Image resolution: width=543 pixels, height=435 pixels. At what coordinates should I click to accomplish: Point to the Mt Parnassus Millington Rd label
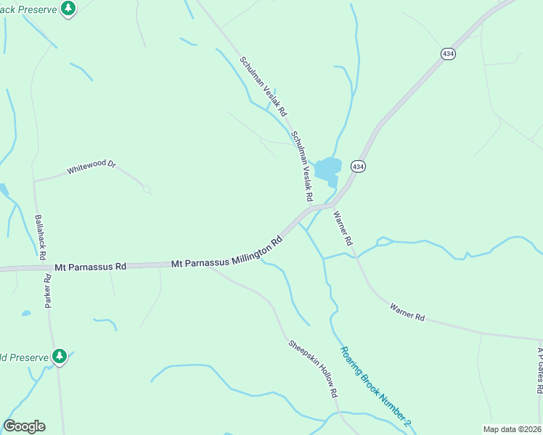[x=226, y=253]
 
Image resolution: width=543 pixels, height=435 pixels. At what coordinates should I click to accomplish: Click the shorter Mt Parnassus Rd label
[x=91, y=267]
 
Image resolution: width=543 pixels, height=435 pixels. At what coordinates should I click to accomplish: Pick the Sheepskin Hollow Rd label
[x=314, y=368]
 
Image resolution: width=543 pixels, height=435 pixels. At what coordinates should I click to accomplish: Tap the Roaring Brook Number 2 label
[x=375, y=386]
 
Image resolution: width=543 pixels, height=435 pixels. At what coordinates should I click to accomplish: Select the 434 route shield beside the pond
[x=358, y=166]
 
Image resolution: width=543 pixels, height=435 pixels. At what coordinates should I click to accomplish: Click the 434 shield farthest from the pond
[x=447, y=54]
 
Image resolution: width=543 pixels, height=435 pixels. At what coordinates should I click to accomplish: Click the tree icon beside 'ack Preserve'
[x=68, y=9]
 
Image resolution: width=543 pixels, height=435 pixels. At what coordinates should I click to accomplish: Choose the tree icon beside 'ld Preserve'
[x=60, y=356]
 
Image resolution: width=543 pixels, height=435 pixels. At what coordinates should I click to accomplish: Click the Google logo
[x=24, y=426]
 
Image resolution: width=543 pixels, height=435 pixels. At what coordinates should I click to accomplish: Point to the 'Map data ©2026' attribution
[x=513, y=428]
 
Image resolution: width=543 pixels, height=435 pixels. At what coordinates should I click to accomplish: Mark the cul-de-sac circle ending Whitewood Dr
[x=147, y=189]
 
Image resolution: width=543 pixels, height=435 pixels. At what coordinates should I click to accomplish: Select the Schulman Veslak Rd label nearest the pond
[x=301, y=166]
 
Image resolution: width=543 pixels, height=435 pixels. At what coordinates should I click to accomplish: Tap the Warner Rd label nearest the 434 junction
[x=342, y=228]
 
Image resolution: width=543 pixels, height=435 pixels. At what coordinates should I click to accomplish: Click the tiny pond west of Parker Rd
[x=26, y=313]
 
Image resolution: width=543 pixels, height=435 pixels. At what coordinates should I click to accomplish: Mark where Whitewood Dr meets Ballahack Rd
[x=34, y=181]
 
